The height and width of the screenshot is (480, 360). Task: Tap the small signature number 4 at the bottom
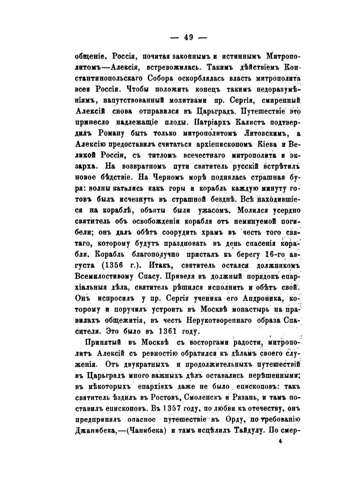click(280, 441)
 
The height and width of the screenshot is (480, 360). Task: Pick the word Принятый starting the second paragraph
click(100, 342)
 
